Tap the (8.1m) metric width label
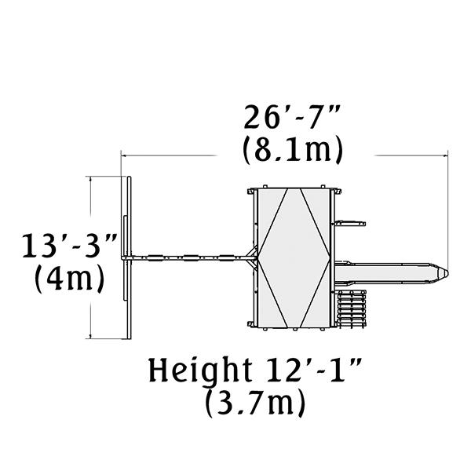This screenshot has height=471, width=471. (292, 150)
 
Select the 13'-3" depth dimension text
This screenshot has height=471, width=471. (69, 246)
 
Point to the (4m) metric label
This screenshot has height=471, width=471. (70, 279)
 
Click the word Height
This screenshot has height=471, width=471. (200, 370)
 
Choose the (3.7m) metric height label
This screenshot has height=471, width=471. (255, 402)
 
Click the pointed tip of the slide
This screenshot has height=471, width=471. (447, 273)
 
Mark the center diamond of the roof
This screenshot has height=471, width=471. (294, 258)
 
